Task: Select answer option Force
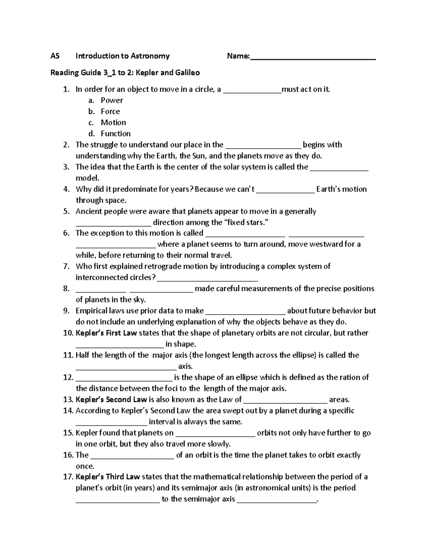click(x=110, y=112)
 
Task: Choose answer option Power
click(x=112, y=100)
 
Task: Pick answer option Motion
click(x=113, y=123)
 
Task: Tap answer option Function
click(x=115, y=134)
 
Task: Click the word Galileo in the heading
click(x=187, y=73)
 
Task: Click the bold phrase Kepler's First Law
click(x=106, y=333)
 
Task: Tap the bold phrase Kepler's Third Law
click(x=108, y=477)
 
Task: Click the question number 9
click(x=66, y=311)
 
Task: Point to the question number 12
click(x=68, y=377)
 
